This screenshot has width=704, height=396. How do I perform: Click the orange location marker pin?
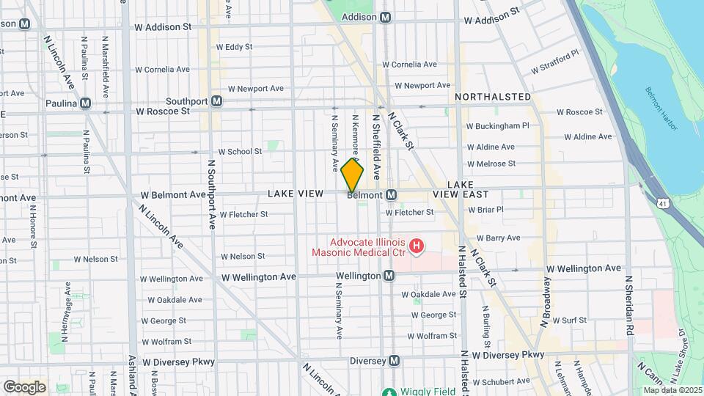coord(352,176)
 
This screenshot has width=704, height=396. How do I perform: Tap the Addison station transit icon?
coord(386,17)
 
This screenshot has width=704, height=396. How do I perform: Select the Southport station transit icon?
coord(216,101)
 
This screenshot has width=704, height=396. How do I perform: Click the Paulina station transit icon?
coord(86,103)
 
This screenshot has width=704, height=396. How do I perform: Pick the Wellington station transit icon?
coord(389,276)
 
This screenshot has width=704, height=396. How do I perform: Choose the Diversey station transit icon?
coord(395,361)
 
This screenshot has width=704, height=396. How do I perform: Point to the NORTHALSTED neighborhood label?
coord(492,97)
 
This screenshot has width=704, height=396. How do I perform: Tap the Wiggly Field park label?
coord(414,391)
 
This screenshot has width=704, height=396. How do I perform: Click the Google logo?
coord(24,386)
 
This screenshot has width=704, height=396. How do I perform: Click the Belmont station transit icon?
coord(392,195)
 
